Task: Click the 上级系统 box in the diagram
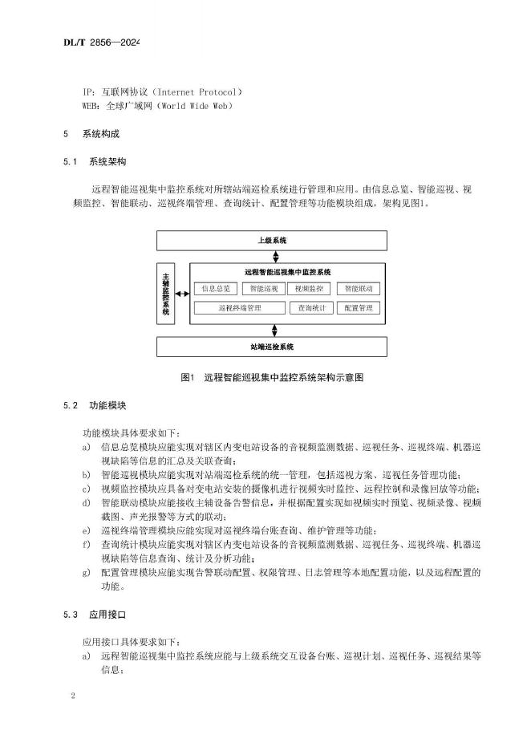(x=271, y=240)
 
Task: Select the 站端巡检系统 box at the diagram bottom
(x=271, y=347)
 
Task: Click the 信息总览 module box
(x=216, y=288)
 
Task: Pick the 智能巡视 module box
(x=263, y=288)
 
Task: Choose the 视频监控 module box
(x=309, y=288)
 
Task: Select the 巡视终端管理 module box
(x=240, y=307)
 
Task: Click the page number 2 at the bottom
(x=72, y=696)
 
